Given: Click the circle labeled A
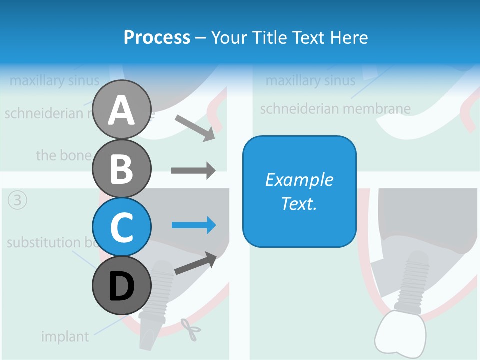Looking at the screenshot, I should (122, 110).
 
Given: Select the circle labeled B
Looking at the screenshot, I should (122, 169).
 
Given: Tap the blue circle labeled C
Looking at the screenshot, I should (122, 227).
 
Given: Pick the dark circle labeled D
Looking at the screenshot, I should (122, 286).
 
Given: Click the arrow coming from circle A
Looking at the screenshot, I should (195, 128).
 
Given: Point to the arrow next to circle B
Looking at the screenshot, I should (193, 171).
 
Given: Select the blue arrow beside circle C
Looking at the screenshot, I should (194, 225).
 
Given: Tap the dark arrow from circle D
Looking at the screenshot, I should (195, 264).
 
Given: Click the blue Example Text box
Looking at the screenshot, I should (299, 191).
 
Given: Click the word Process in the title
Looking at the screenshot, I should (157, 37).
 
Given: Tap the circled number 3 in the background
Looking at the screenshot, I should (17, 201).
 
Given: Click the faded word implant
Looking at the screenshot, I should (65, 336).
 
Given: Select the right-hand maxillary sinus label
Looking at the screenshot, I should (310, 80).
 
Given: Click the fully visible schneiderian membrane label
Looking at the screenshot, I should (335, 108).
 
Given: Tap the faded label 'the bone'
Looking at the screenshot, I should (64, 155).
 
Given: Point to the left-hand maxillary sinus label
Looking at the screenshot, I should (54, 80).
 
